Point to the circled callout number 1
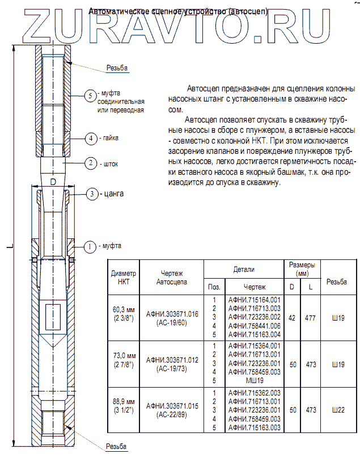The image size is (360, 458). [89, 247]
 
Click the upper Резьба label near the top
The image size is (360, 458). [117, 69]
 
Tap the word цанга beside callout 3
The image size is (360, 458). [113, 194]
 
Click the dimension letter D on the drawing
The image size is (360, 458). [53, 182]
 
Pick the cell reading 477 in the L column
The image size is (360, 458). [310, 318]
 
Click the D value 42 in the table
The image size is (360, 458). [292, 318]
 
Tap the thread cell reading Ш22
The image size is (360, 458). [338, 410]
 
